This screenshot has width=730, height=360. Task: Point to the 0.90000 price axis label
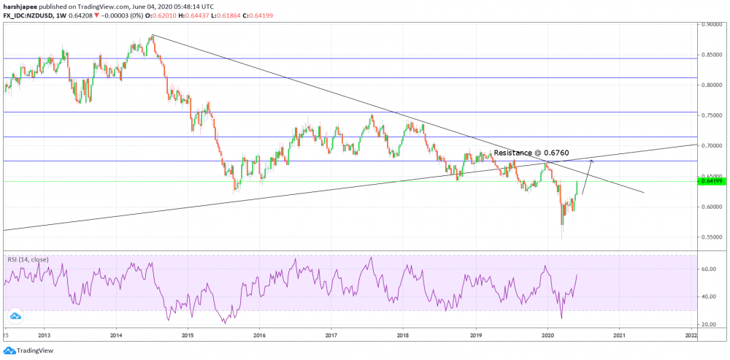click(x=712, y=24)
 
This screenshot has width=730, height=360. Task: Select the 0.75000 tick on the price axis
click(x=712, y=115)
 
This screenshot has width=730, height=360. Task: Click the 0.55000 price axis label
click(x=712, y=237)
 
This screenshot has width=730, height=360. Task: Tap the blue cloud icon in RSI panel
click(x=15, y=315)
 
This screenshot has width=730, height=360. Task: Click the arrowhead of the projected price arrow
click(x=591, y=161)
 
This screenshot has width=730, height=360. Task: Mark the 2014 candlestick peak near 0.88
click(x=152, y=34)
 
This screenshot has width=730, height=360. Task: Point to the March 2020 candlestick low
click(x=561, y=238)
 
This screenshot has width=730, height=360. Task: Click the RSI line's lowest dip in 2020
click(x=561, y=318)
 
